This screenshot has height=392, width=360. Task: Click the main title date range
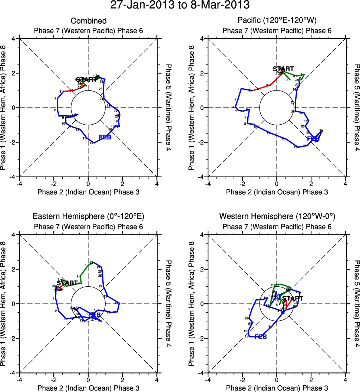pos(180,5)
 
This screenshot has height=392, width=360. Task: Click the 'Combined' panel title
pos(89,21)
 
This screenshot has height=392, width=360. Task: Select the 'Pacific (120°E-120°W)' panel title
pos(276,21)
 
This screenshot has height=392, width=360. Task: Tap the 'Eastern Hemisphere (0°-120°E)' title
pos(88,217)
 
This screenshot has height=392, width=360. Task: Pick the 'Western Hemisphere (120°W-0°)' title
pos(276,217)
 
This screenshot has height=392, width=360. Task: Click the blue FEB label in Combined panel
pos(105,138)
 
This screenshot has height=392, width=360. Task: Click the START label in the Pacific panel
pos(283,69)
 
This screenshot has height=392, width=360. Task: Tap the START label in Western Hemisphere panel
pos(292,298)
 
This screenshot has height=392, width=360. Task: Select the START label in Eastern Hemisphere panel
pos(67,283)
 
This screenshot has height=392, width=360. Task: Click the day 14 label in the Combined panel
pos(92,143)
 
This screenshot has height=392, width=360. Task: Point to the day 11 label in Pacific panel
pos(268,134)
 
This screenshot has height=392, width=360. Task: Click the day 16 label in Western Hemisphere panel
pos(269,327)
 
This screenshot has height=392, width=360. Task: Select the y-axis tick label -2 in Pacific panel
pos(202,142)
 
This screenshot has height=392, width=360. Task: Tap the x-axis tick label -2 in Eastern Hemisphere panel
pos(53,379)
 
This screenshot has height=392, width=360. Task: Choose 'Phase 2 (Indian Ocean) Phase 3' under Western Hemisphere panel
pos(277,388)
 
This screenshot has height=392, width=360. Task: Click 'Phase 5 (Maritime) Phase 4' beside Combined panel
pos(168,108)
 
